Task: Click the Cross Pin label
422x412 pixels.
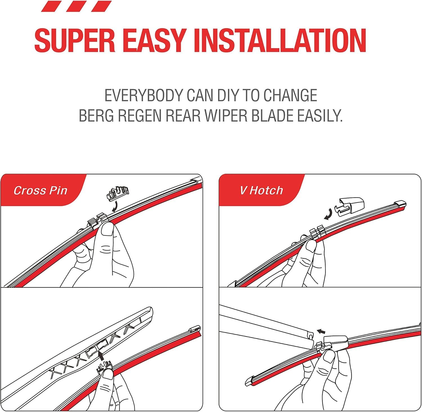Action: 41,191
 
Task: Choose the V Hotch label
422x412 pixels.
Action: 261,191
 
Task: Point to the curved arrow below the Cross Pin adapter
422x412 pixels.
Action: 115,208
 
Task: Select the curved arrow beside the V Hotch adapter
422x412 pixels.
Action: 328,214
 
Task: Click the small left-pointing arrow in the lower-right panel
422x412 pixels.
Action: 321,332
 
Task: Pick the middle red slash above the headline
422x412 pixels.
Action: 77,6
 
